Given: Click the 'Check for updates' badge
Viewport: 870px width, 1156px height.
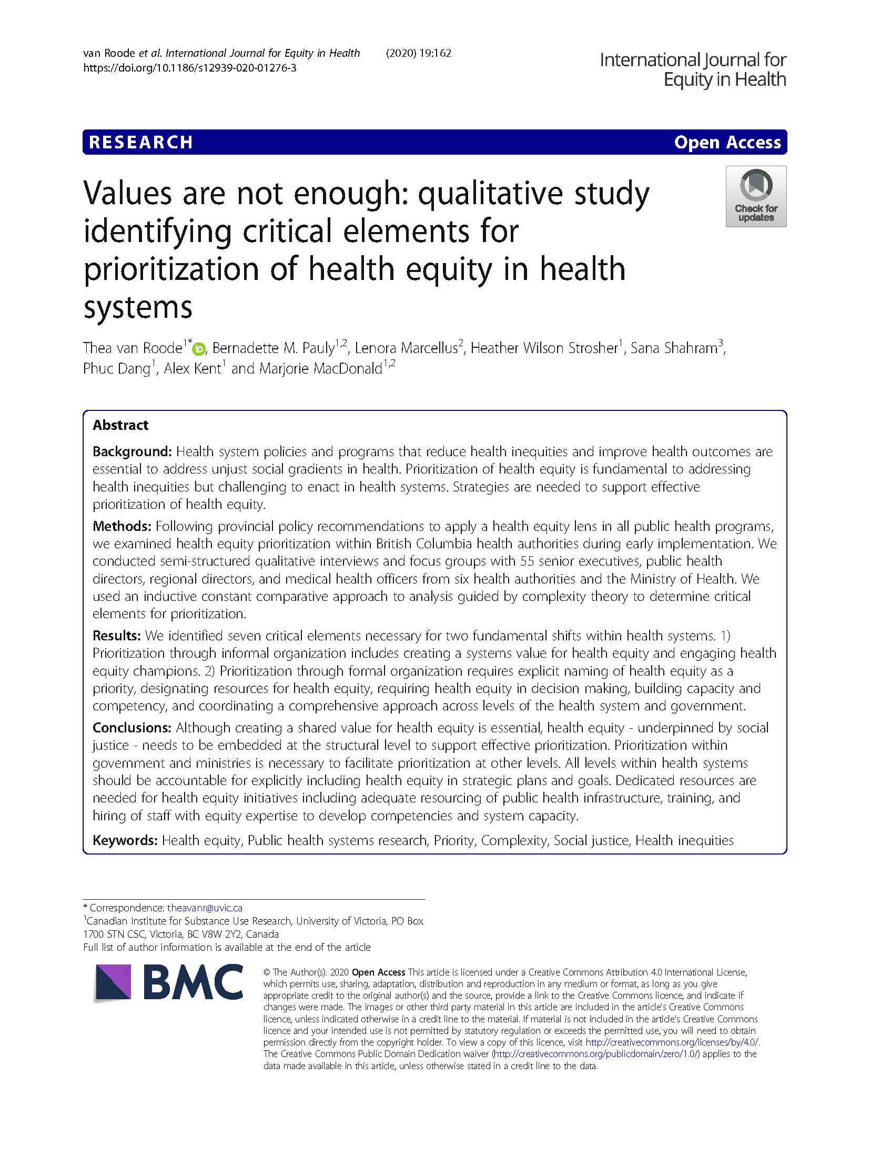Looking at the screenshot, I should (x=755, y=196).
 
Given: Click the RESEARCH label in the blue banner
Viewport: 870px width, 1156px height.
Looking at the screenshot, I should (x=140, y=143).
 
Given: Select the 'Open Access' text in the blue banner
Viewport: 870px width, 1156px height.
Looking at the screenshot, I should (x=727, y=143).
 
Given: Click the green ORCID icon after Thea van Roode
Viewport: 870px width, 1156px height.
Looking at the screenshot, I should (x=199, y=349).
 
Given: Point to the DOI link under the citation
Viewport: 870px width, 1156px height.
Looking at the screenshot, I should (x=189, y=68).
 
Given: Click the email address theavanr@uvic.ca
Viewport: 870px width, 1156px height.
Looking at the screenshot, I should (x=205, y=908).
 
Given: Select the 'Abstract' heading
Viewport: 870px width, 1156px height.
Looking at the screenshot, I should (x=120, y=425).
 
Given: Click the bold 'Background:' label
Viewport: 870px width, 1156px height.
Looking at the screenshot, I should (x=132, y=451).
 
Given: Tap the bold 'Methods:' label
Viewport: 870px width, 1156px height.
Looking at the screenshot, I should (x=122, y=526).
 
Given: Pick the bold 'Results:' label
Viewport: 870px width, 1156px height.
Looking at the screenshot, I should (x=117, y=636).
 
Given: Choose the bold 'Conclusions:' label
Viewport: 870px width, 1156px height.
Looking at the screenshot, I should (x=132, y=728).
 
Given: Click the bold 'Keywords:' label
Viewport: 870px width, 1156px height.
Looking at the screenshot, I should (x=125, y=840).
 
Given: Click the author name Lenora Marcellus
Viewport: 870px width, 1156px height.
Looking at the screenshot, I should (x=406, y=348).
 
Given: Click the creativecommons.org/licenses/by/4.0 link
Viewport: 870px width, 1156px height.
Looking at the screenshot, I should (x=672, y=1042).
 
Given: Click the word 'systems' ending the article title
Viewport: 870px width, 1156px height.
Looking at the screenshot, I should (x=138, y=307).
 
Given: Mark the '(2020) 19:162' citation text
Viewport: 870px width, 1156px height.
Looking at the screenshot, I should (x=418, y=53).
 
